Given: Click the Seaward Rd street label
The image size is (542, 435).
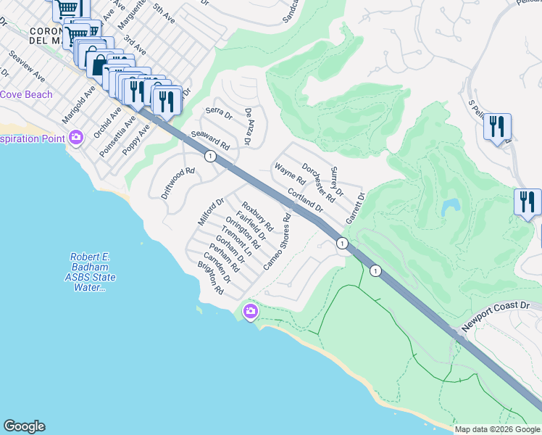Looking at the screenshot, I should point(210,140).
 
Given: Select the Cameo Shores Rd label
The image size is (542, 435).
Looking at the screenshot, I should point(277,242).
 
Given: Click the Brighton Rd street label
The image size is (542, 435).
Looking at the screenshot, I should point(210,278).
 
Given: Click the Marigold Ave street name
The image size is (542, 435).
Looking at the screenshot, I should point(78,105).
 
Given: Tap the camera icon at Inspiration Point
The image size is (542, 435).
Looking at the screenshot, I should point(76,138).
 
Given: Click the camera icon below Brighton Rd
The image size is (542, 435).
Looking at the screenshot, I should point(251,312).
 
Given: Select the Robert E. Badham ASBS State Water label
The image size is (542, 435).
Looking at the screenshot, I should point(93,273).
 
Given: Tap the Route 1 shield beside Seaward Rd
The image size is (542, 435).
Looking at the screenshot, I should point(209,156).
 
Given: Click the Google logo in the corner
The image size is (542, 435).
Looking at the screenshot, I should point(24,426).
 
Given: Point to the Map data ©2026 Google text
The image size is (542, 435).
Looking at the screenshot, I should point(497,429).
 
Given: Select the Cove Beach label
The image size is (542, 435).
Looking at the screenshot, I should point(26,95).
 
